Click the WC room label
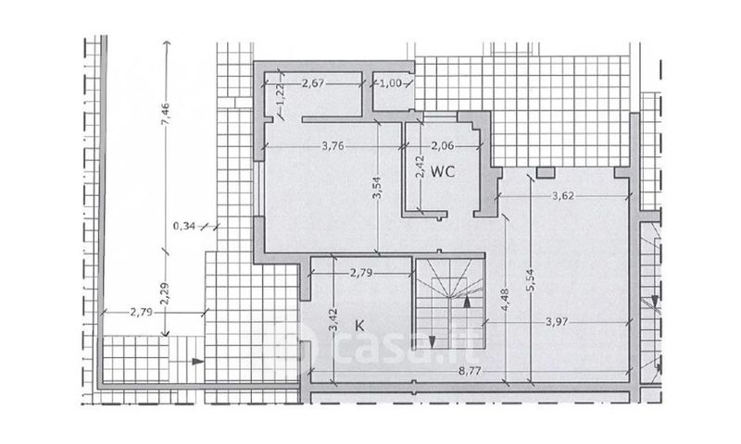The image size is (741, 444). coord(443,172)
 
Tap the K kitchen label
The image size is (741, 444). coord(359,326)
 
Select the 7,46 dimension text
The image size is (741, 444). coord(166,116)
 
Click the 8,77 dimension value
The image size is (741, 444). coord(470,371)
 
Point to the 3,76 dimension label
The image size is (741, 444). coord(333,146)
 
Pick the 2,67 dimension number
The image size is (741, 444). coord(313,83)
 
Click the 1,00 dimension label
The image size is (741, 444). coord(391,83)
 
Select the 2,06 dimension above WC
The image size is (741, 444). coord(443,146)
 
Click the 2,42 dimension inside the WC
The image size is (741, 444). coord(419,167)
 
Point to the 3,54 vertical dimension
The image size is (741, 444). coord(377,188)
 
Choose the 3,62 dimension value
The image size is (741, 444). coord(563,195)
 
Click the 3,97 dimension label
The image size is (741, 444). coord(557,322)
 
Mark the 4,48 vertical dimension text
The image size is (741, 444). coord(506,299)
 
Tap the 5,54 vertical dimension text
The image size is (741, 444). coord(530,280)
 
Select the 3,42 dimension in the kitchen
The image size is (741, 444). coord(333,319)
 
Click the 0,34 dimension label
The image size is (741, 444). coord(184,226)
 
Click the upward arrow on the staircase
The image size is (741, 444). coord(467,301)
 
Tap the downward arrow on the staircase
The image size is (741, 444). coord(432,340)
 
